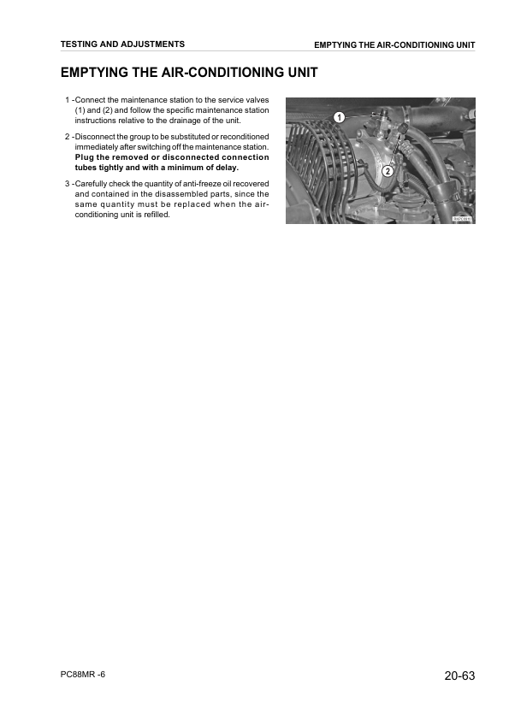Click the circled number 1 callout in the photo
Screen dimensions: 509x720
(339, 116)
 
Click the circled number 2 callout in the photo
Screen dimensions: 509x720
(388, 171)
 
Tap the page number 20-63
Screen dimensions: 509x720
(459, 676)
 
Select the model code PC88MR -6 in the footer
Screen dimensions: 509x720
(84, 675)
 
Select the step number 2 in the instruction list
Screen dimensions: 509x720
(68, 137)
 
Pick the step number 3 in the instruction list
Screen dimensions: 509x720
(68, 184)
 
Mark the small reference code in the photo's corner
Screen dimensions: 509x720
(462, 220)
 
